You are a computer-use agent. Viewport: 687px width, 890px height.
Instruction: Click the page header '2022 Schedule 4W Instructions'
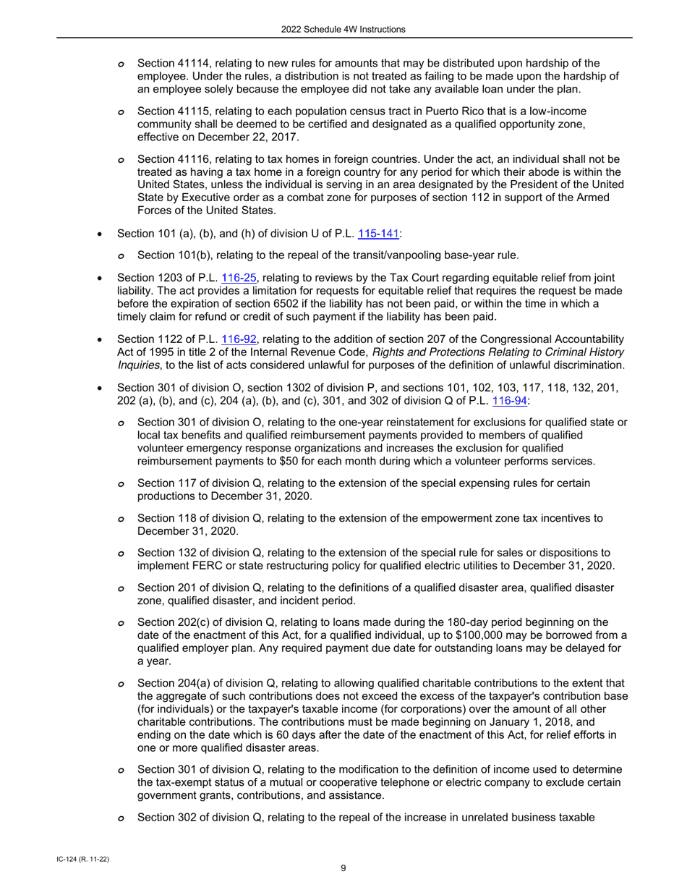[x=343, y=29]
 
